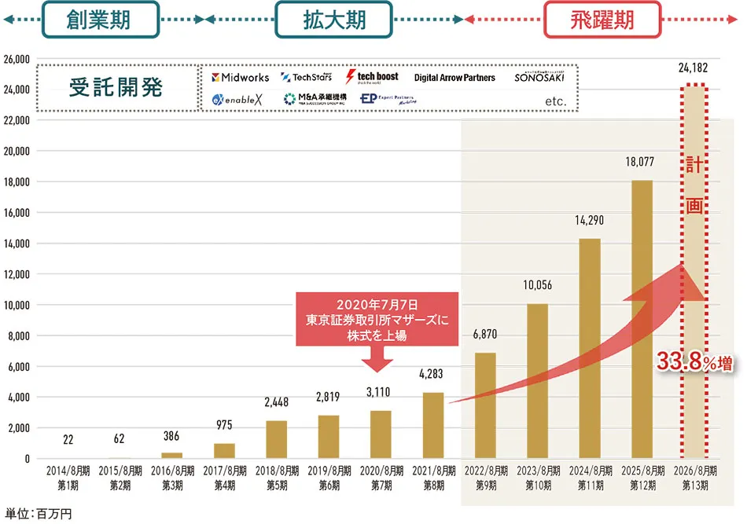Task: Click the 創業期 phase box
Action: [x=101, y=20]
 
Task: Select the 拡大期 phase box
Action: [x=334, y=20]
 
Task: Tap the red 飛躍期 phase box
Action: [x=602, y=20]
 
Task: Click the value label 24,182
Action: [x=693, y=69]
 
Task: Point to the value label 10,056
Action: [x=537, y=285]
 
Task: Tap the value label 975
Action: [x=224, y=425]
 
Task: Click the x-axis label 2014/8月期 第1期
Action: [x=68, y=479]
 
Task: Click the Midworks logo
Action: [x=241, y=78]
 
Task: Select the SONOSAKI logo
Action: [x=540, y=77]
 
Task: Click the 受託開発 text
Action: [x=116, y=88]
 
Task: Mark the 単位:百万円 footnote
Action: [x=39, y=513]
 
